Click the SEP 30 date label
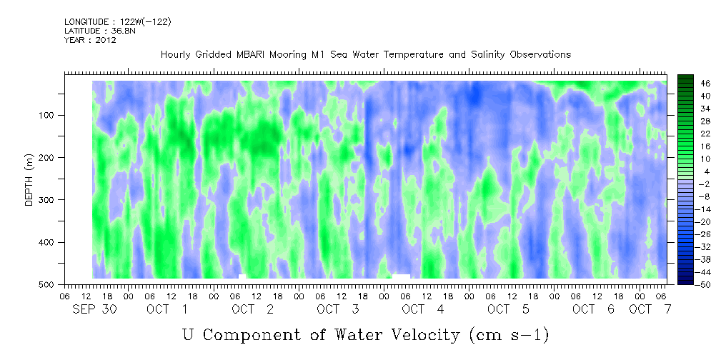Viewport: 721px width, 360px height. pos(95,309)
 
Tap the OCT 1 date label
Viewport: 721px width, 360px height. pos(167,309)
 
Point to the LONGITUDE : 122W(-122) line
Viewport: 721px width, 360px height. pos(118,21)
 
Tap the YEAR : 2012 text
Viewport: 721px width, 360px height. pos(90,40)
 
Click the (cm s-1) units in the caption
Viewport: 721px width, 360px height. pos(509,336)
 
